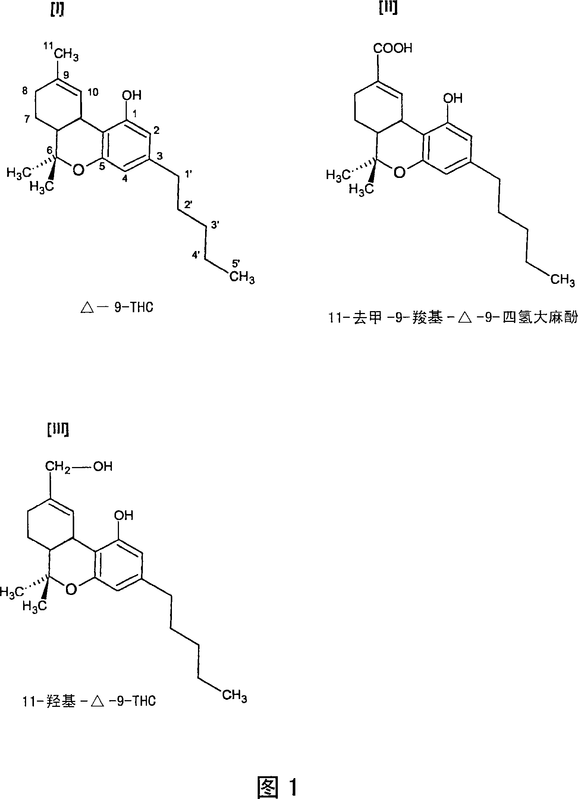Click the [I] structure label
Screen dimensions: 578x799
click(x=56, y=12)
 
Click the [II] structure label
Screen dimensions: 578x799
click(x=387, y=8)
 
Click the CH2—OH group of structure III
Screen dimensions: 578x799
click(x=79, y=466)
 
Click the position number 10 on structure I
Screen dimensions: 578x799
click(x=93, y=92)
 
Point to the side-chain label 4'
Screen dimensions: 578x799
click(x=197, y=255)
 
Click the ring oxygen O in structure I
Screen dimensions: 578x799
click(x=78, y=170)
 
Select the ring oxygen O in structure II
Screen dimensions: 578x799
click(x=399, y=172)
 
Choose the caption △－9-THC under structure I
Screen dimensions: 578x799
click(x=117, y=308)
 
